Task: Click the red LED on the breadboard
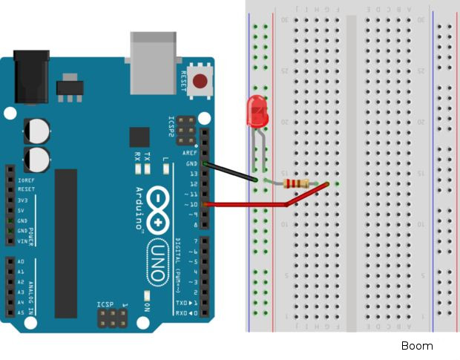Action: pyautogui.click(x=257, y=111)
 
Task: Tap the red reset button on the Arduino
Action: pyautogui.click(x=199, y=81)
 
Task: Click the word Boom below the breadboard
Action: pyautogui.click(x=416, y=346)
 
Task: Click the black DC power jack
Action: pyautogui.click(x=31, y=74)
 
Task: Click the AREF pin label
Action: pyautogui.click(x=191, y=153)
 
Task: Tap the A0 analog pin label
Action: pyautogui.click(x=20, y=262)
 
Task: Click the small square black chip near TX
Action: pyautogui.click(x=139, y=137)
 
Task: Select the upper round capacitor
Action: pyautogui.click(x=37, y=130)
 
